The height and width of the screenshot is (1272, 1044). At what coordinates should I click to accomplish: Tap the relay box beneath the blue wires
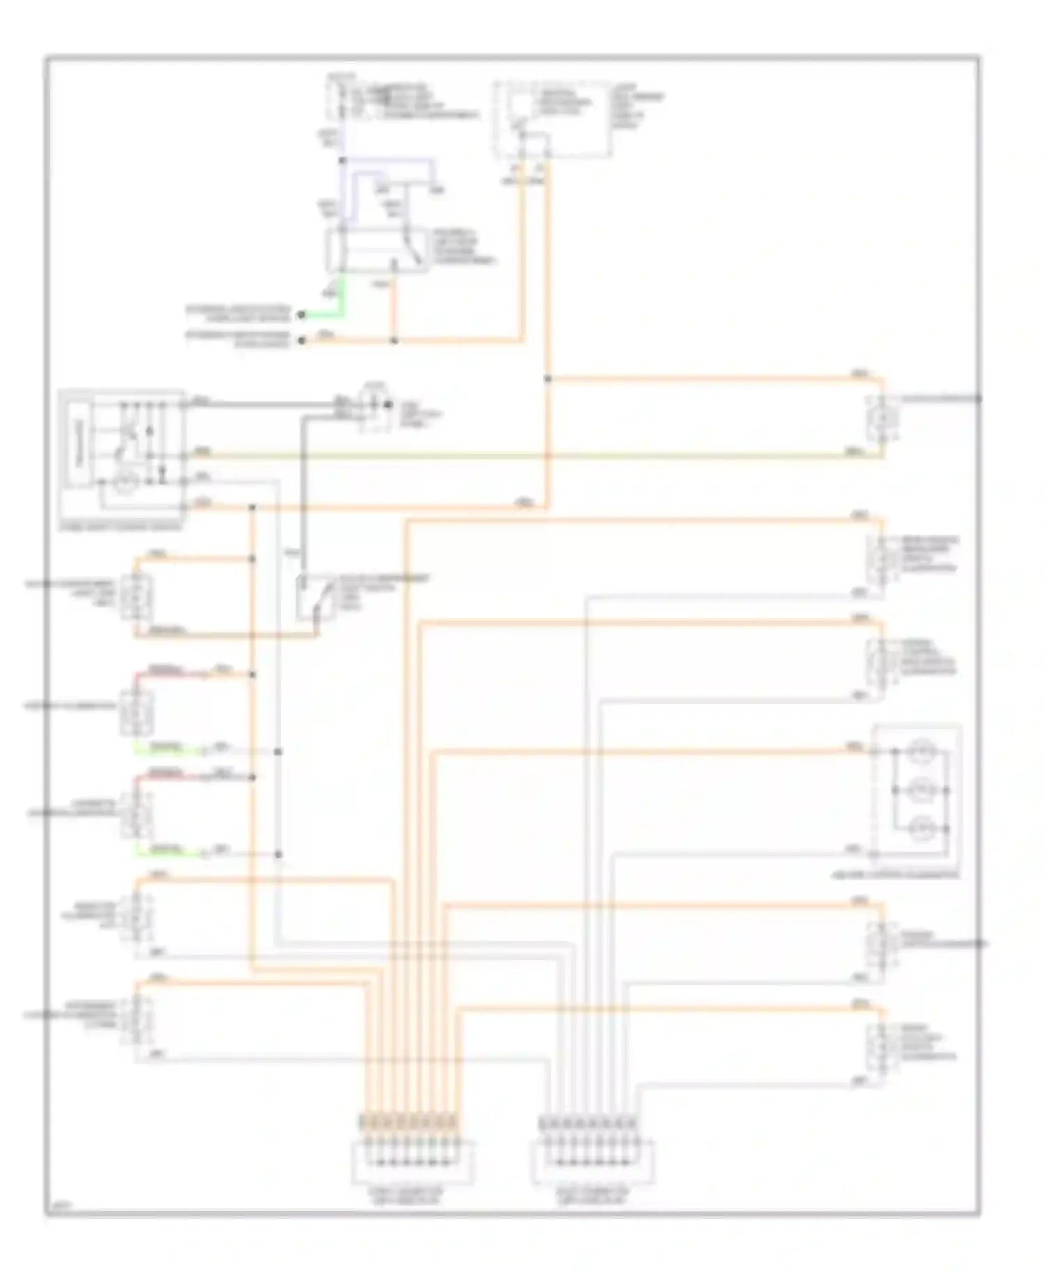coord(377,250)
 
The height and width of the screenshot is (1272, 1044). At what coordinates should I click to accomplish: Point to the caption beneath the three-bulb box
coord(915,874)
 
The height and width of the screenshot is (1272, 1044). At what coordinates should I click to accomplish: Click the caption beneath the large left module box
coord(122,527)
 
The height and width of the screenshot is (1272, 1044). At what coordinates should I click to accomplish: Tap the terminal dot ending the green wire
coord(301,315)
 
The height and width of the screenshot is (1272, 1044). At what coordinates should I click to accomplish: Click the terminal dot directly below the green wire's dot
coord(301,340)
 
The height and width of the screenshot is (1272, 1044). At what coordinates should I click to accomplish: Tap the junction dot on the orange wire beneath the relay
coord(394,340)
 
